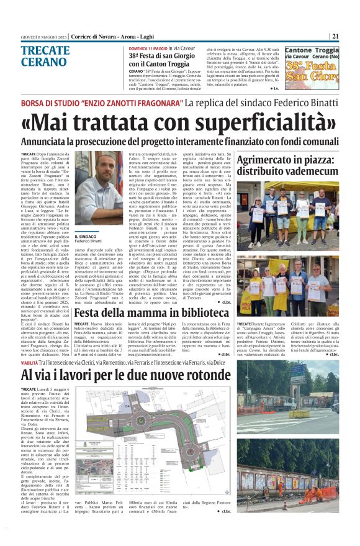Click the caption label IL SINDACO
point(84,237)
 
